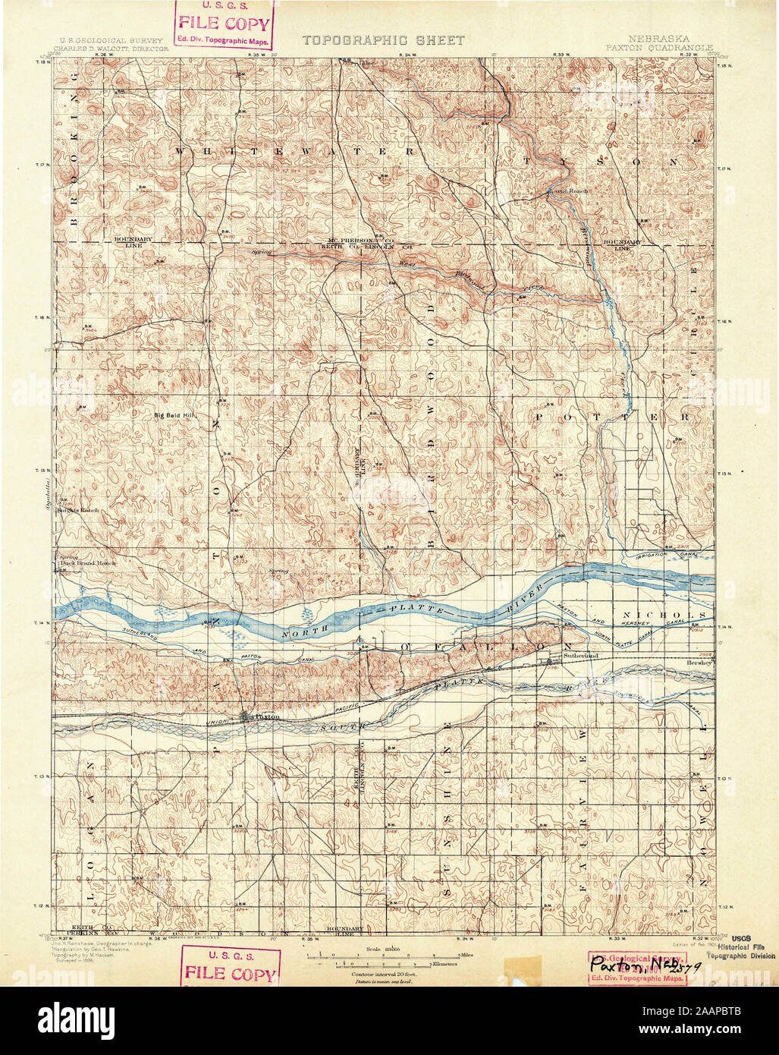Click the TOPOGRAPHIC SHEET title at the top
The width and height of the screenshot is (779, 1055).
(383, 40)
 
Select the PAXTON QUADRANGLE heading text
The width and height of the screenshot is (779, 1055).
(659, 47)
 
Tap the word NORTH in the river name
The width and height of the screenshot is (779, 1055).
(297, 632)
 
